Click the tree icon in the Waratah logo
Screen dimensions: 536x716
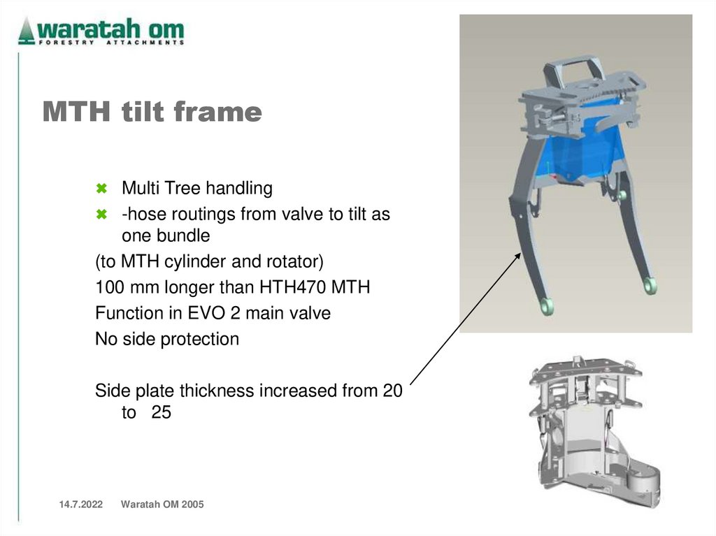(27, 31)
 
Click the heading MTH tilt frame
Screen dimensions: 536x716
(152, 112)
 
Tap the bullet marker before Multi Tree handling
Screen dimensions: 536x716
(101, 189)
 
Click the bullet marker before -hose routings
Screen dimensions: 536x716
(101, 215)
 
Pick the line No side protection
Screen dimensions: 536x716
(167, 340)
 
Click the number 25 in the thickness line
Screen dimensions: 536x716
(161, 413)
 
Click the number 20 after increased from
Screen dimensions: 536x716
(392, 391)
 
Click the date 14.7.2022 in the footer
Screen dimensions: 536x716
(76, 505)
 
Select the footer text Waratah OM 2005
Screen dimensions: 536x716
(162, 505)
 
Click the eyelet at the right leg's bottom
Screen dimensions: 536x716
(650, 285)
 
